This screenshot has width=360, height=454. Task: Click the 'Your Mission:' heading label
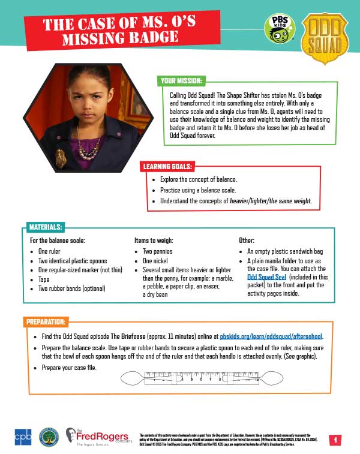click(181, 81)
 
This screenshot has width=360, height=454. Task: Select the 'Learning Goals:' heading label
click(167, 166)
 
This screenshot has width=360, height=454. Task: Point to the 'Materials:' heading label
click(46, 228)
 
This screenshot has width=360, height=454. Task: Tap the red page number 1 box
click(337, 440)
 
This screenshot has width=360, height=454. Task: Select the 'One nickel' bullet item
click(155, 261)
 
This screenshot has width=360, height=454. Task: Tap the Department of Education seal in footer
click(49, 437)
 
